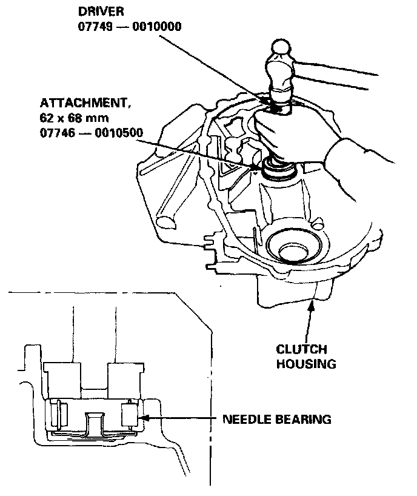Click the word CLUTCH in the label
click(301, 350)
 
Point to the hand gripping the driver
click(285, 130)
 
